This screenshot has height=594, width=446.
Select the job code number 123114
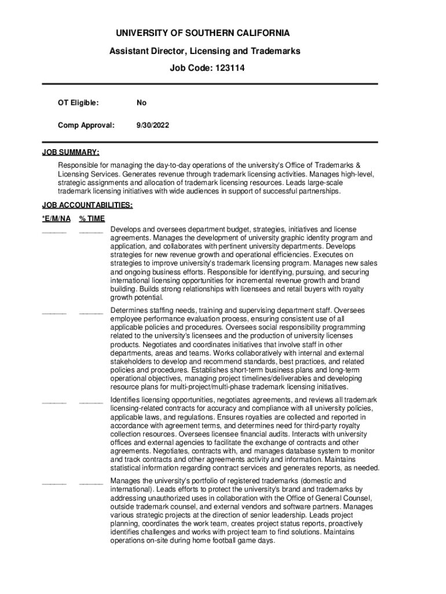coord(230,68)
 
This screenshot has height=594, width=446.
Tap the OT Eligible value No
coord(141,103)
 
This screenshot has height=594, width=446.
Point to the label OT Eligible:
coord(78,103)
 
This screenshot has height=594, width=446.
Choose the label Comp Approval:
coord(86,125)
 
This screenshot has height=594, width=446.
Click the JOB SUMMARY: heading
coord(71,153)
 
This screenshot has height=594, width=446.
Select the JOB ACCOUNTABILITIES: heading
coord(87,205)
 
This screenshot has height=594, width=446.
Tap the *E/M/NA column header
coord(56,219)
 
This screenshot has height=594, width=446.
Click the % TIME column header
coord(92,219)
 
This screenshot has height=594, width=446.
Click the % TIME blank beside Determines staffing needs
coord(90,312)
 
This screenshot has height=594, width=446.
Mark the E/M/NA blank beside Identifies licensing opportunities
coord(54,401)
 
